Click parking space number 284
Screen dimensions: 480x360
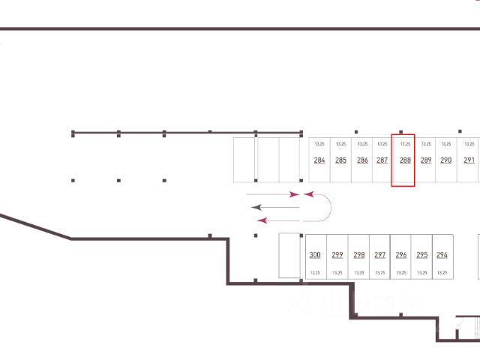click(319, 160)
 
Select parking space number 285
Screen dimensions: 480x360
click(340, 160)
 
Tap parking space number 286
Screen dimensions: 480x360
click(362, 160)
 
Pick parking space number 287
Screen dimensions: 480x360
click(382, 160)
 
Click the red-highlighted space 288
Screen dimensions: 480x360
click(403, 160)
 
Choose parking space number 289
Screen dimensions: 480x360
click(426, 160)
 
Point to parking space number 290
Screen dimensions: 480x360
click(446, 160)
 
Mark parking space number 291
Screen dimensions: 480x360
click(469, 160)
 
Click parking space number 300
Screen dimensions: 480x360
click(315, 255)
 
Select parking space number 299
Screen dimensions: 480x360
click(337, 255)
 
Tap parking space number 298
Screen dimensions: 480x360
click(358, 255)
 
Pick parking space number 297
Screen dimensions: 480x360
click(379, 255)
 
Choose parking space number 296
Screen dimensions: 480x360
click(400, 255)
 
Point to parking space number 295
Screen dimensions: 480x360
click(421, 255)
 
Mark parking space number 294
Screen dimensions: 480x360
click(442, 255)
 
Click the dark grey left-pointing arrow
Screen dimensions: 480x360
click(274, 206)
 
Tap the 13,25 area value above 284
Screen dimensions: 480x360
click(319, 143)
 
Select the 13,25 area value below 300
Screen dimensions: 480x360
click(315, 273)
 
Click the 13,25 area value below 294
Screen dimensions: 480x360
click(442, 273)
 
